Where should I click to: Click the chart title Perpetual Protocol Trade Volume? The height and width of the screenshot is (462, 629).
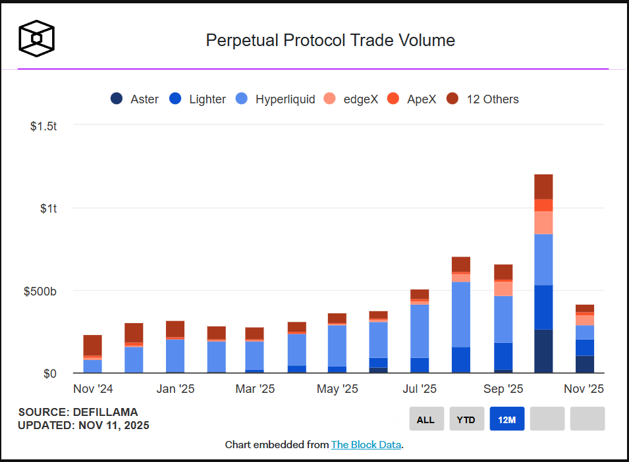(330, 40)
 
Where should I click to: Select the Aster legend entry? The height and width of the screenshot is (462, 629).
(135, 99)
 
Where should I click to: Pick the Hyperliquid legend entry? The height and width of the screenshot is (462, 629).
(276, 99)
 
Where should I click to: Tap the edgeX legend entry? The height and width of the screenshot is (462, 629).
(351, 99)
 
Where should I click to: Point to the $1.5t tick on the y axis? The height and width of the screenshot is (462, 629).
(43, 126)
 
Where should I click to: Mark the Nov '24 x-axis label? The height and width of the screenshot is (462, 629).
(93, 389)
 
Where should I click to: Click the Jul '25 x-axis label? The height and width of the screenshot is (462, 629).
(419, 389)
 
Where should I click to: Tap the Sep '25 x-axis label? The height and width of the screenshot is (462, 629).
(503, 389)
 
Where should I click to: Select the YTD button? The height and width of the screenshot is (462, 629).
(466, 419)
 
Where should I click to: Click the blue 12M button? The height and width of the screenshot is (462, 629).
(506, 419)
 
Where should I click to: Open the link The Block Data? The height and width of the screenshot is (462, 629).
(366, 445)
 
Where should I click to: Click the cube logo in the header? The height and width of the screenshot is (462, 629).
(36, 38)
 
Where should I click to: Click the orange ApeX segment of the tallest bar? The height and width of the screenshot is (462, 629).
(543, 205)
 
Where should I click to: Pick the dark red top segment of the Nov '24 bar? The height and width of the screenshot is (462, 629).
(93, 345)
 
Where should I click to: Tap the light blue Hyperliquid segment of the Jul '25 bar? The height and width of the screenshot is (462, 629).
(419, 330)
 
